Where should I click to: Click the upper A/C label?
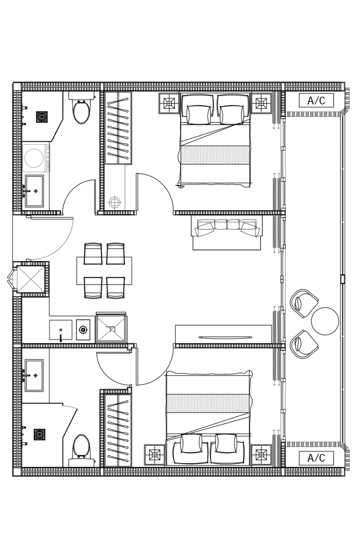(x=316, y=101)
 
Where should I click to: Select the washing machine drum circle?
(x=34, y=158)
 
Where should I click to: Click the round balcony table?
(x=325, y=321)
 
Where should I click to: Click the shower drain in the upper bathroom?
(x=42, y=117)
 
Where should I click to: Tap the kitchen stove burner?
(x=83, y=329)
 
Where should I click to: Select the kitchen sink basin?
(x=61, y=329)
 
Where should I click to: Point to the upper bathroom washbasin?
(x=34, y=191)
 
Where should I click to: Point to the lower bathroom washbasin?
(x=34, y=375)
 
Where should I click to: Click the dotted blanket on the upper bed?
(x=215, y=155)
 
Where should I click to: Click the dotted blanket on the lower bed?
(x=208, y=403)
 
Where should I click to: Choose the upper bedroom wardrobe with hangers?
(x=119, y=128)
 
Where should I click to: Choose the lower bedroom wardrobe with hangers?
(x=119, y=430)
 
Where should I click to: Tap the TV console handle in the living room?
(x=225, y=337)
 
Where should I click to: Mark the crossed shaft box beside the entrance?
(x=31, y=279)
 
